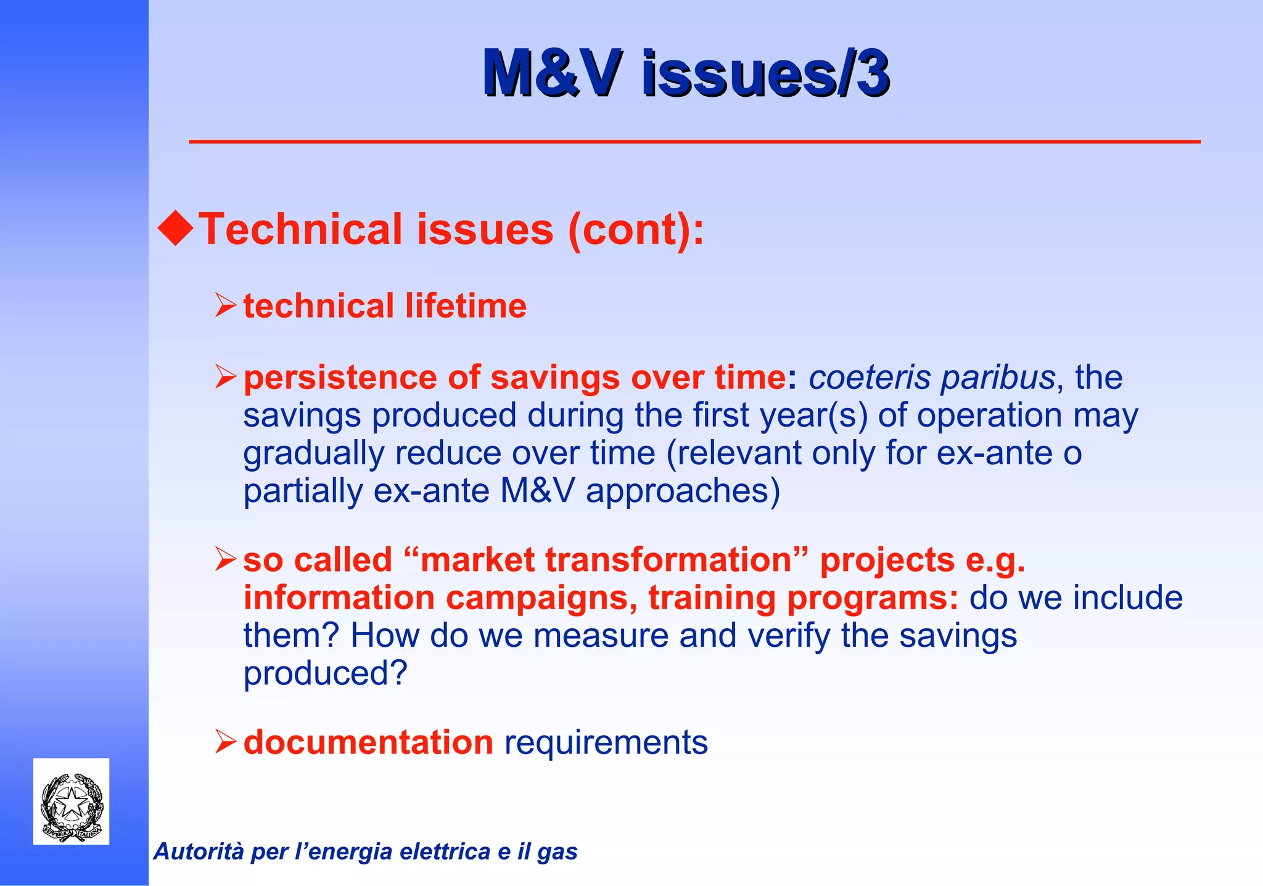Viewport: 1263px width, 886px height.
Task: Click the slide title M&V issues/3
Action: [686, 74]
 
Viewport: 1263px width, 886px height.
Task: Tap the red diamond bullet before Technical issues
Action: [176, 228]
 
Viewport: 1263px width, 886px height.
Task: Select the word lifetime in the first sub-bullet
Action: [466, 306]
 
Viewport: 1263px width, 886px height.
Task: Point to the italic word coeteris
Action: [869, 377]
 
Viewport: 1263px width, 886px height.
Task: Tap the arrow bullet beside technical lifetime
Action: [226, 306]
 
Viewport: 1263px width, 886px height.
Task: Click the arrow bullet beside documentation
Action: [226, 742]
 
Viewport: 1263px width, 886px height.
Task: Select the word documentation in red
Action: [368, 742]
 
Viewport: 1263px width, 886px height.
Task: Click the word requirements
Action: [606, 742]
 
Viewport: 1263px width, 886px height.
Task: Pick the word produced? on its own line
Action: [326, 673]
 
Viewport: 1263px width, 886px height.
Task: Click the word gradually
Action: [313, 454]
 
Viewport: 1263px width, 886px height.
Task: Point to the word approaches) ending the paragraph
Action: [683, 492]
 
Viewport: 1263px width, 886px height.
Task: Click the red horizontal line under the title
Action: [694, 142]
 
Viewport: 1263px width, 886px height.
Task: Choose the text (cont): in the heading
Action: [635, 229]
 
